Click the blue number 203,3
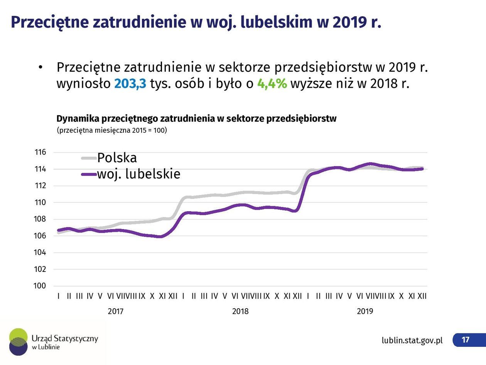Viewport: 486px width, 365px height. [130, 83]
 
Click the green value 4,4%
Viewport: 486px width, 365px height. [272, 83]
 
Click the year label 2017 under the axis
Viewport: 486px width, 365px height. [115, 311]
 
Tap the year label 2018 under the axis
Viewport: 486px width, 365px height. [240, 311]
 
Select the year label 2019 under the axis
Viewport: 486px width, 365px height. [365, 311]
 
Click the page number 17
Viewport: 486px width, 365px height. [466, 340]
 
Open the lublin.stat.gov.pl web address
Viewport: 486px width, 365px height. [412, 340]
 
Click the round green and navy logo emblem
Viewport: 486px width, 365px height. [19, 341]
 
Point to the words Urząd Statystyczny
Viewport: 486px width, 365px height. [65, 338]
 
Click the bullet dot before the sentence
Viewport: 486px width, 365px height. [40, 68]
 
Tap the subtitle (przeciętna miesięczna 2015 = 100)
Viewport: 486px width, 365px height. [111, 130]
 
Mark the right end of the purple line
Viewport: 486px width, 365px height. [422, 169]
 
